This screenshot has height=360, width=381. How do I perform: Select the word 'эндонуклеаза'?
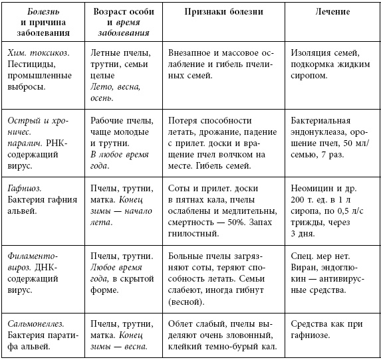point(319,133)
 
